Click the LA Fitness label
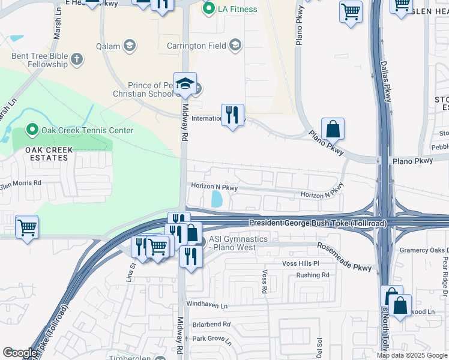click(237, 9)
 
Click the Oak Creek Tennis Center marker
click(31, 130)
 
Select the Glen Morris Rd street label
click(21, 183)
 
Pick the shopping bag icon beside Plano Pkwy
click(332, 128)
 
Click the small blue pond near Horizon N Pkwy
click(217, 199)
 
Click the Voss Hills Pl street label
click(303, 263)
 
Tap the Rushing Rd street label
click(313, 275)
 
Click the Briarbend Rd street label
click(211, 324)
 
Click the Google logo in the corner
click(20, 353)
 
